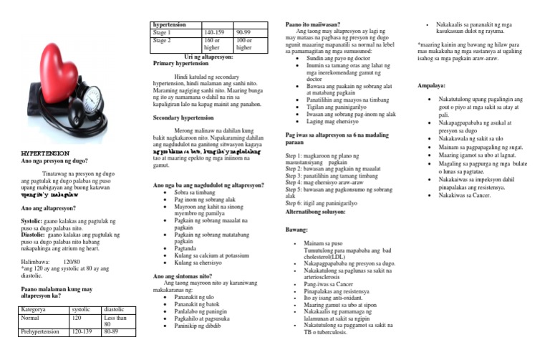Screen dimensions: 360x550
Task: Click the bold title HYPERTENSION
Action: point(44,154)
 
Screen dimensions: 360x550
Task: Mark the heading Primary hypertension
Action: point(185,63)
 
